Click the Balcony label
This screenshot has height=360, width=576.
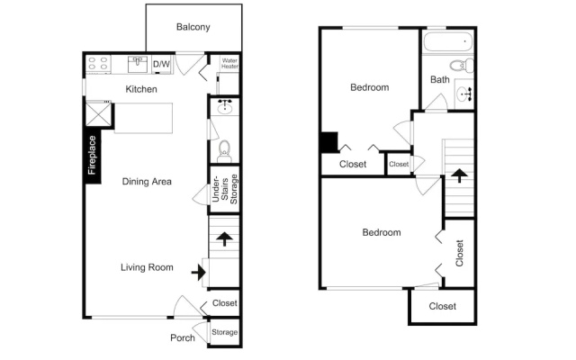point(193,27)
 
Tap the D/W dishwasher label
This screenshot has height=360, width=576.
point(161,64)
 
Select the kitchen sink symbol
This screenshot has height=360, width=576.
point(138,64)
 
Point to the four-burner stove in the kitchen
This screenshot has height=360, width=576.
point(98,64)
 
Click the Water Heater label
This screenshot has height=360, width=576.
point(229,63)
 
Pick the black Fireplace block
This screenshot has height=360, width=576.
point(92,156)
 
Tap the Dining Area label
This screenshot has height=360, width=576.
point(147,182)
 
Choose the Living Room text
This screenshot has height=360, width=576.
point(147,267)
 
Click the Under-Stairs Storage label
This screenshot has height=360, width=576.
point(225,189)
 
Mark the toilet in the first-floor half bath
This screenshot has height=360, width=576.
point(224,151)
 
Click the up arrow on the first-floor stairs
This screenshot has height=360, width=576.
point(224,238)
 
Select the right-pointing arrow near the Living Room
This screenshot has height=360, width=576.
point(199,273)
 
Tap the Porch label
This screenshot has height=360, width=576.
point(183,338)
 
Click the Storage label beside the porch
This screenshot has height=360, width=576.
point(224,332)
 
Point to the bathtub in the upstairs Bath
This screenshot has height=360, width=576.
point(448,42)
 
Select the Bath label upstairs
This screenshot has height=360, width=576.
point(440,80)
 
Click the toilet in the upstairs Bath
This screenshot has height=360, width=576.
point(462,66)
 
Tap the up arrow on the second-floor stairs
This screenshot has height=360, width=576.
point(459,175)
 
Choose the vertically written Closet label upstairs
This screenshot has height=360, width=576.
point(460,253)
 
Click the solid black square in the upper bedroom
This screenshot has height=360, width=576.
point(328,142)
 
